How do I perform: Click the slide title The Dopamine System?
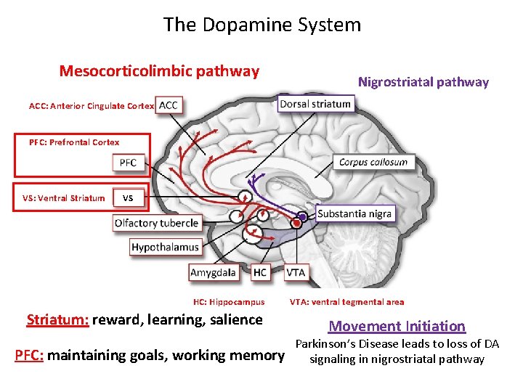point(261,25)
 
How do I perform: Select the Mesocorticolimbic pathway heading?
point(159,71)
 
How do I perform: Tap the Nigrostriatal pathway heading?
point(423,82)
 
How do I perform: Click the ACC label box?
point(168,105)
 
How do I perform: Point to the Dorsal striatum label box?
point(315,104)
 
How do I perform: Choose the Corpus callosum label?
point(373,162)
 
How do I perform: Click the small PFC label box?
point(128,163)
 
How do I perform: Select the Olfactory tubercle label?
point(156,223)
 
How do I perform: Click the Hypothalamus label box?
point(165,248)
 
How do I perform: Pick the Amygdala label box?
point(213,272)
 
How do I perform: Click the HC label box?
point(260,272)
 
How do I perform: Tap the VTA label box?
point(296,272)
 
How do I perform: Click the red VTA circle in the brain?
point(296,223)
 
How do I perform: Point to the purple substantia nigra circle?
point(302,216)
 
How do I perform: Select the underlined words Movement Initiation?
point(397,327)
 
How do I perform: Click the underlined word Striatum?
point(57,320)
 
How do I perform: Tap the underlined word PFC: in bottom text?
point(30,356)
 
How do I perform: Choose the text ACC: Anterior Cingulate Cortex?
point(92,106)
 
